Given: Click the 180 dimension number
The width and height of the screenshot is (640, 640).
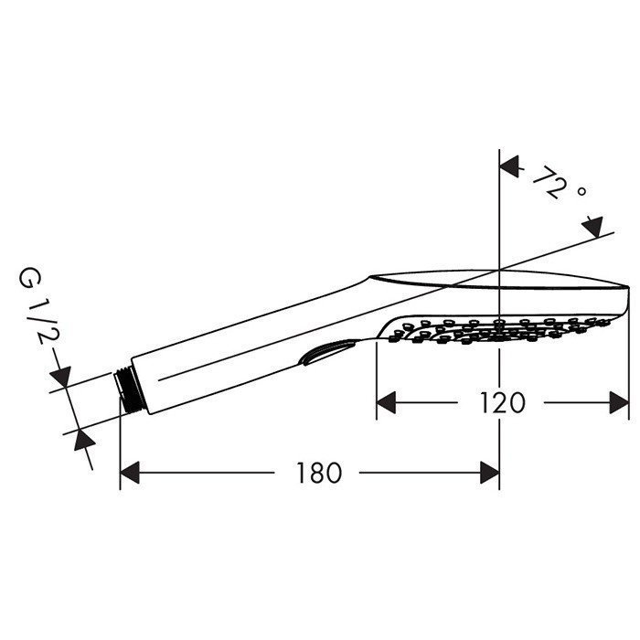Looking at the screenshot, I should pos(318,473).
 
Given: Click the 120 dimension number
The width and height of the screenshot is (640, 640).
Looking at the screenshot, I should pos(501,402).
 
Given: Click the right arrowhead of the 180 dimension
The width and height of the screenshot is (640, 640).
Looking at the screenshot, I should pos(489,473).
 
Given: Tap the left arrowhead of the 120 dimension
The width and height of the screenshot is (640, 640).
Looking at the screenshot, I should pos(388,402).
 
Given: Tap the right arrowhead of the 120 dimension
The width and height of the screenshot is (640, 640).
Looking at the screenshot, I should pos(619,402).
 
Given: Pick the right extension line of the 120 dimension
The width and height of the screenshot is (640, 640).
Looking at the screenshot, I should pos(629,366).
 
